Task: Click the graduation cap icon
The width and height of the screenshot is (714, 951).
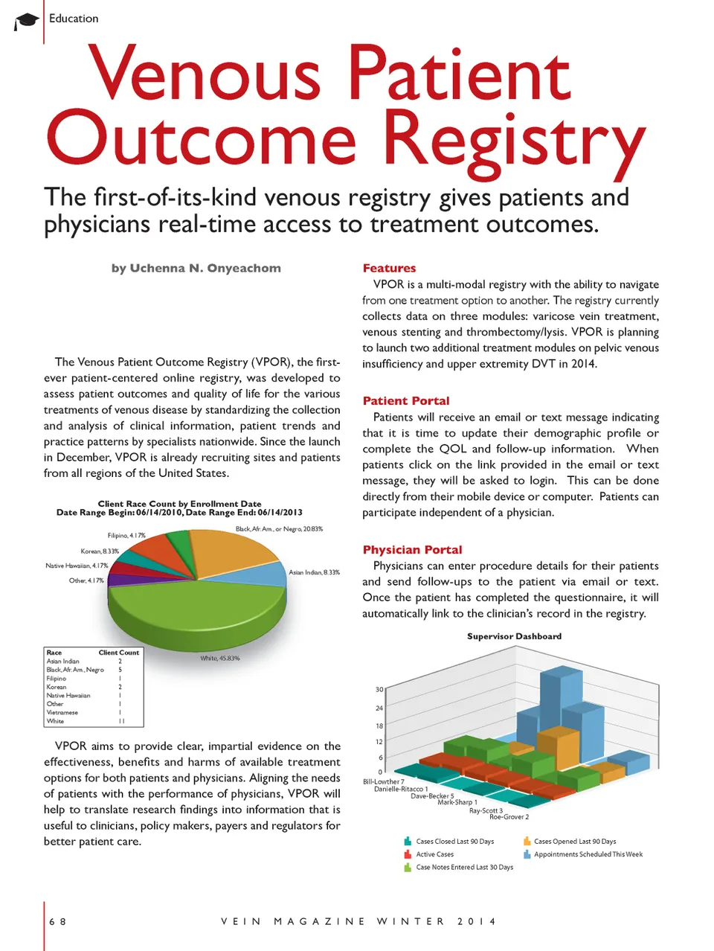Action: click(x=27, y=21)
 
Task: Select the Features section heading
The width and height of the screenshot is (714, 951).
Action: click(x=389, y=268)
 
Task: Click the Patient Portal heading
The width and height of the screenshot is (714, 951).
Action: click(x=406, y=400)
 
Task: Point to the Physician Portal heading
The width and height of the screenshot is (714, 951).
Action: click(x=412, y=549)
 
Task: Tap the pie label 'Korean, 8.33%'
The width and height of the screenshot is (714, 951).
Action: click(x=100, y=551)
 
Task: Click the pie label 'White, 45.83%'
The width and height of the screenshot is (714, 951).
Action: click(x=220, y=659)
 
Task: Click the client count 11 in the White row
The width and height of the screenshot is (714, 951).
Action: click(x=120, y=721)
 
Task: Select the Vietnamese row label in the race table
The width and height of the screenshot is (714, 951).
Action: click(x=62, y=712)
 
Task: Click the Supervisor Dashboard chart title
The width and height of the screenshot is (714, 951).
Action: click(x=514, y=636)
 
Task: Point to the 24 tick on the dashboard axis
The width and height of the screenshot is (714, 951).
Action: click(x=379, y=708)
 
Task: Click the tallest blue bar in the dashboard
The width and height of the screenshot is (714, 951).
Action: click(x=560, y=699)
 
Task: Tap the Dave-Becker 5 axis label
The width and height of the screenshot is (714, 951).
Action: click(x=432, y=796)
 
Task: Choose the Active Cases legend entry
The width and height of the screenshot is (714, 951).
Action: click(x=434, y=854)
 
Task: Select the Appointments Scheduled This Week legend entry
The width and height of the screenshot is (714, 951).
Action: click(x=588, y=854)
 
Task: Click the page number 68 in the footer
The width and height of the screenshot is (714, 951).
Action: click(x=57, y=921)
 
